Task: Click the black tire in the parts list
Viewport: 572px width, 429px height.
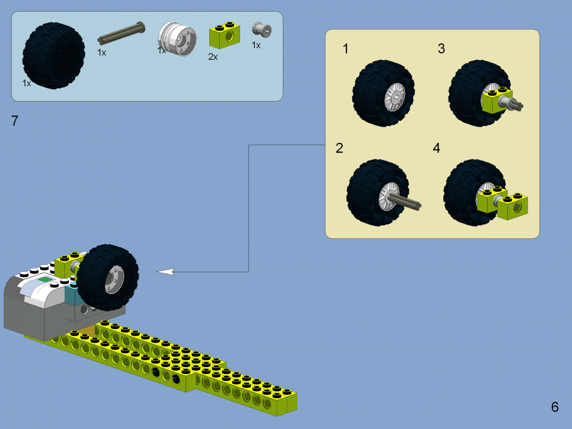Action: click(53, 55)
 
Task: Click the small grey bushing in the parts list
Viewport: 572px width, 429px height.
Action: click(261, 30)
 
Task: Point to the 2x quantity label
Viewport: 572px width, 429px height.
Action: click(213, 57)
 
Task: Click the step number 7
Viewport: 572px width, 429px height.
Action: click(15, 121)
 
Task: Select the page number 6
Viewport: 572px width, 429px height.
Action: click(555, 407)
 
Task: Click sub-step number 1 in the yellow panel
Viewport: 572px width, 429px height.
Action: click(346, 49)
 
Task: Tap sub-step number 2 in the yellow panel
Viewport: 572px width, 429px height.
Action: click(339, 148)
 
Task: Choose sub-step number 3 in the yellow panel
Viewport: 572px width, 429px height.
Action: click(441, 49)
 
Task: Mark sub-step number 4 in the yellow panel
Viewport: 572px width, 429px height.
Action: click(436, 148)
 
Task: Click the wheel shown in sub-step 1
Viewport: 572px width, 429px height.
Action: click(383, 93)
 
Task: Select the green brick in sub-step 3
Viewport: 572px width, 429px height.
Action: click(496, 100)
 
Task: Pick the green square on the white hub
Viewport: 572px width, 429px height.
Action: click(46, 280)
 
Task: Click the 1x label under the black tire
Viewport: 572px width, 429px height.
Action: click(26, 84)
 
